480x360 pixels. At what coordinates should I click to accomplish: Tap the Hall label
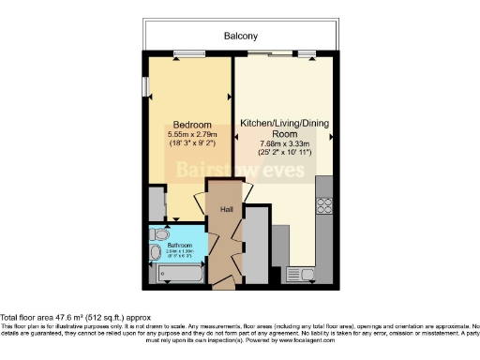pyautogui.click(x=227, y=210)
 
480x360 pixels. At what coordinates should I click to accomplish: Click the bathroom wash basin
pyautogui.click(x=155, y=252)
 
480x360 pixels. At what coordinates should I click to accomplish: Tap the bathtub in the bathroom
pyautogui.click(x=180, y=276)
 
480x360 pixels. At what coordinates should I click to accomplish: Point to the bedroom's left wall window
pyautogui.click(x=145, y=85)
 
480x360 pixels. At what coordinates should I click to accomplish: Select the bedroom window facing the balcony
pyautogui.click(x=190, y=52)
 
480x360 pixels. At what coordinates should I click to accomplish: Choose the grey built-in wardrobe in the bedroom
pyautogui.click(x=156, y=202)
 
